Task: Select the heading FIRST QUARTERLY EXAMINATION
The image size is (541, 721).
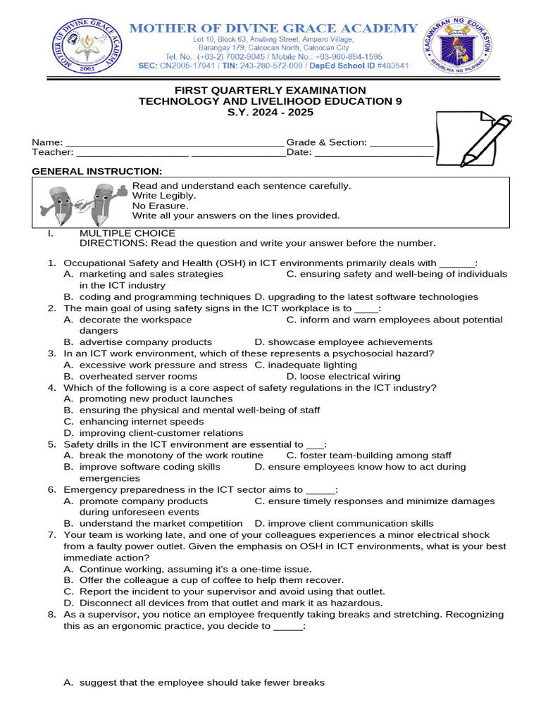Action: click(270, 90)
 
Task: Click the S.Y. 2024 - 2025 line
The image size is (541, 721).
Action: click(270, 113)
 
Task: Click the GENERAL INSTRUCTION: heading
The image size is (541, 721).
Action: click(97, 172)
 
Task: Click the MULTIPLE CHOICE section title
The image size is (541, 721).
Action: click(127, 233)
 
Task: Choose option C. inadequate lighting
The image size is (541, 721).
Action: click(306, 365)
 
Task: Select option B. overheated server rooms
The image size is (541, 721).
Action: click(137, 376)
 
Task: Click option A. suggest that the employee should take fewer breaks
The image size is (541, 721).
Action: click(194, 682)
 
